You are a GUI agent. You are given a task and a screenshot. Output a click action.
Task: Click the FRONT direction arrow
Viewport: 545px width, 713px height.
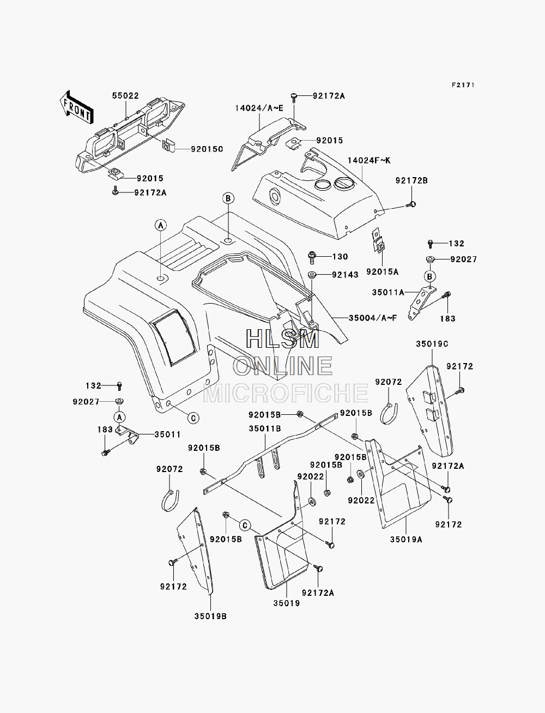77,107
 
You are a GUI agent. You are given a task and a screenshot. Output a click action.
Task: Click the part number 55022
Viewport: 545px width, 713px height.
125,95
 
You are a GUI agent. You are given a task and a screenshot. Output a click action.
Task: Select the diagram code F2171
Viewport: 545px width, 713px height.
463,85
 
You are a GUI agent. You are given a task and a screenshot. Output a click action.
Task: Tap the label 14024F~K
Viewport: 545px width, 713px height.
369,160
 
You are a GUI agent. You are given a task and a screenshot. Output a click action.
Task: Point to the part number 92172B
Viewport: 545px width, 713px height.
411,180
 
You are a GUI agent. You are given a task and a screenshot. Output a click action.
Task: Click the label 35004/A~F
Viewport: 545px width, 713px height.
373,318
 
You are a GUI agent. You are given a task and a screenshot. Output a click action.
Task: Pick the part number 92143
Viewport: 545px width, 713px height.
345,275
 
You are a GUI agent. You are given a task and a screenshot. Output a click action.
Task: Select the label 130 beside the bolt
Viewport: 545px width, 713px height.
340,257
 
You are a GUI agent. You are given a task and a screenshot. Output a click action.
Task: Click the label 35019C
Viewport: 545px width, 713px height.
432,343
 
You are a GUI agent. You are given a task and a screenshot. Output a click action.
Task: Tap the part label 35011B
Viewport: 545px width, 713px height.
265,429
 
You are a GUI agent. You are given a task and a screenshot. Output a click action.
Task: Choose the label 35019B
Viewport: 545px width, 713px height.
210,616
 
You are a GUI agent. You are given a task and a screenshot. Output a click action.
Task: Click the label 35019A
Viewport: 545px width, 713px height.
406,540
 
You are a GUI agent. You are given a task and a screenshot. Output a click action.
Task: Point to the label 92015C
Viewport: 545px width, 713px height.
207,149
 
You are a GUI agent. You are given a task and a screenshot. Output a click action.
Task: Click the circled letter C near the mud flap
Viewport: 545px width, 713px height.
245,525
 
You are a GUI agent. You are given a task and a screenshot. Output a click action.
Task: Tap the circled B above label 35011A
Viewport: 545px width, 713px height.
429,276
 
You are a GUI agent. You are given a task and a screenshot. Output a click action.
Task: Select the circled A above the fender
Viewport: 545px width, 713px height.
161,225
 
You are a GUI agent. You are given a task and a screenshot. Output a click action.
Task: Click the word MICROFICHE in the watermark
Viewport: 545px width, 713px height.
286,394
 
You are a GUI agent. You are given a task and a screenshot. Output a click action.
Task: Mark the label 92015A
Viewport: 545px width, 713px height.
382,271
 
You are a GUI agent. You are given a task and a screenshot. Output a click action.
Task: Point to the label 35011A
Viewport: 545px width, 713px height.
388,292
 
